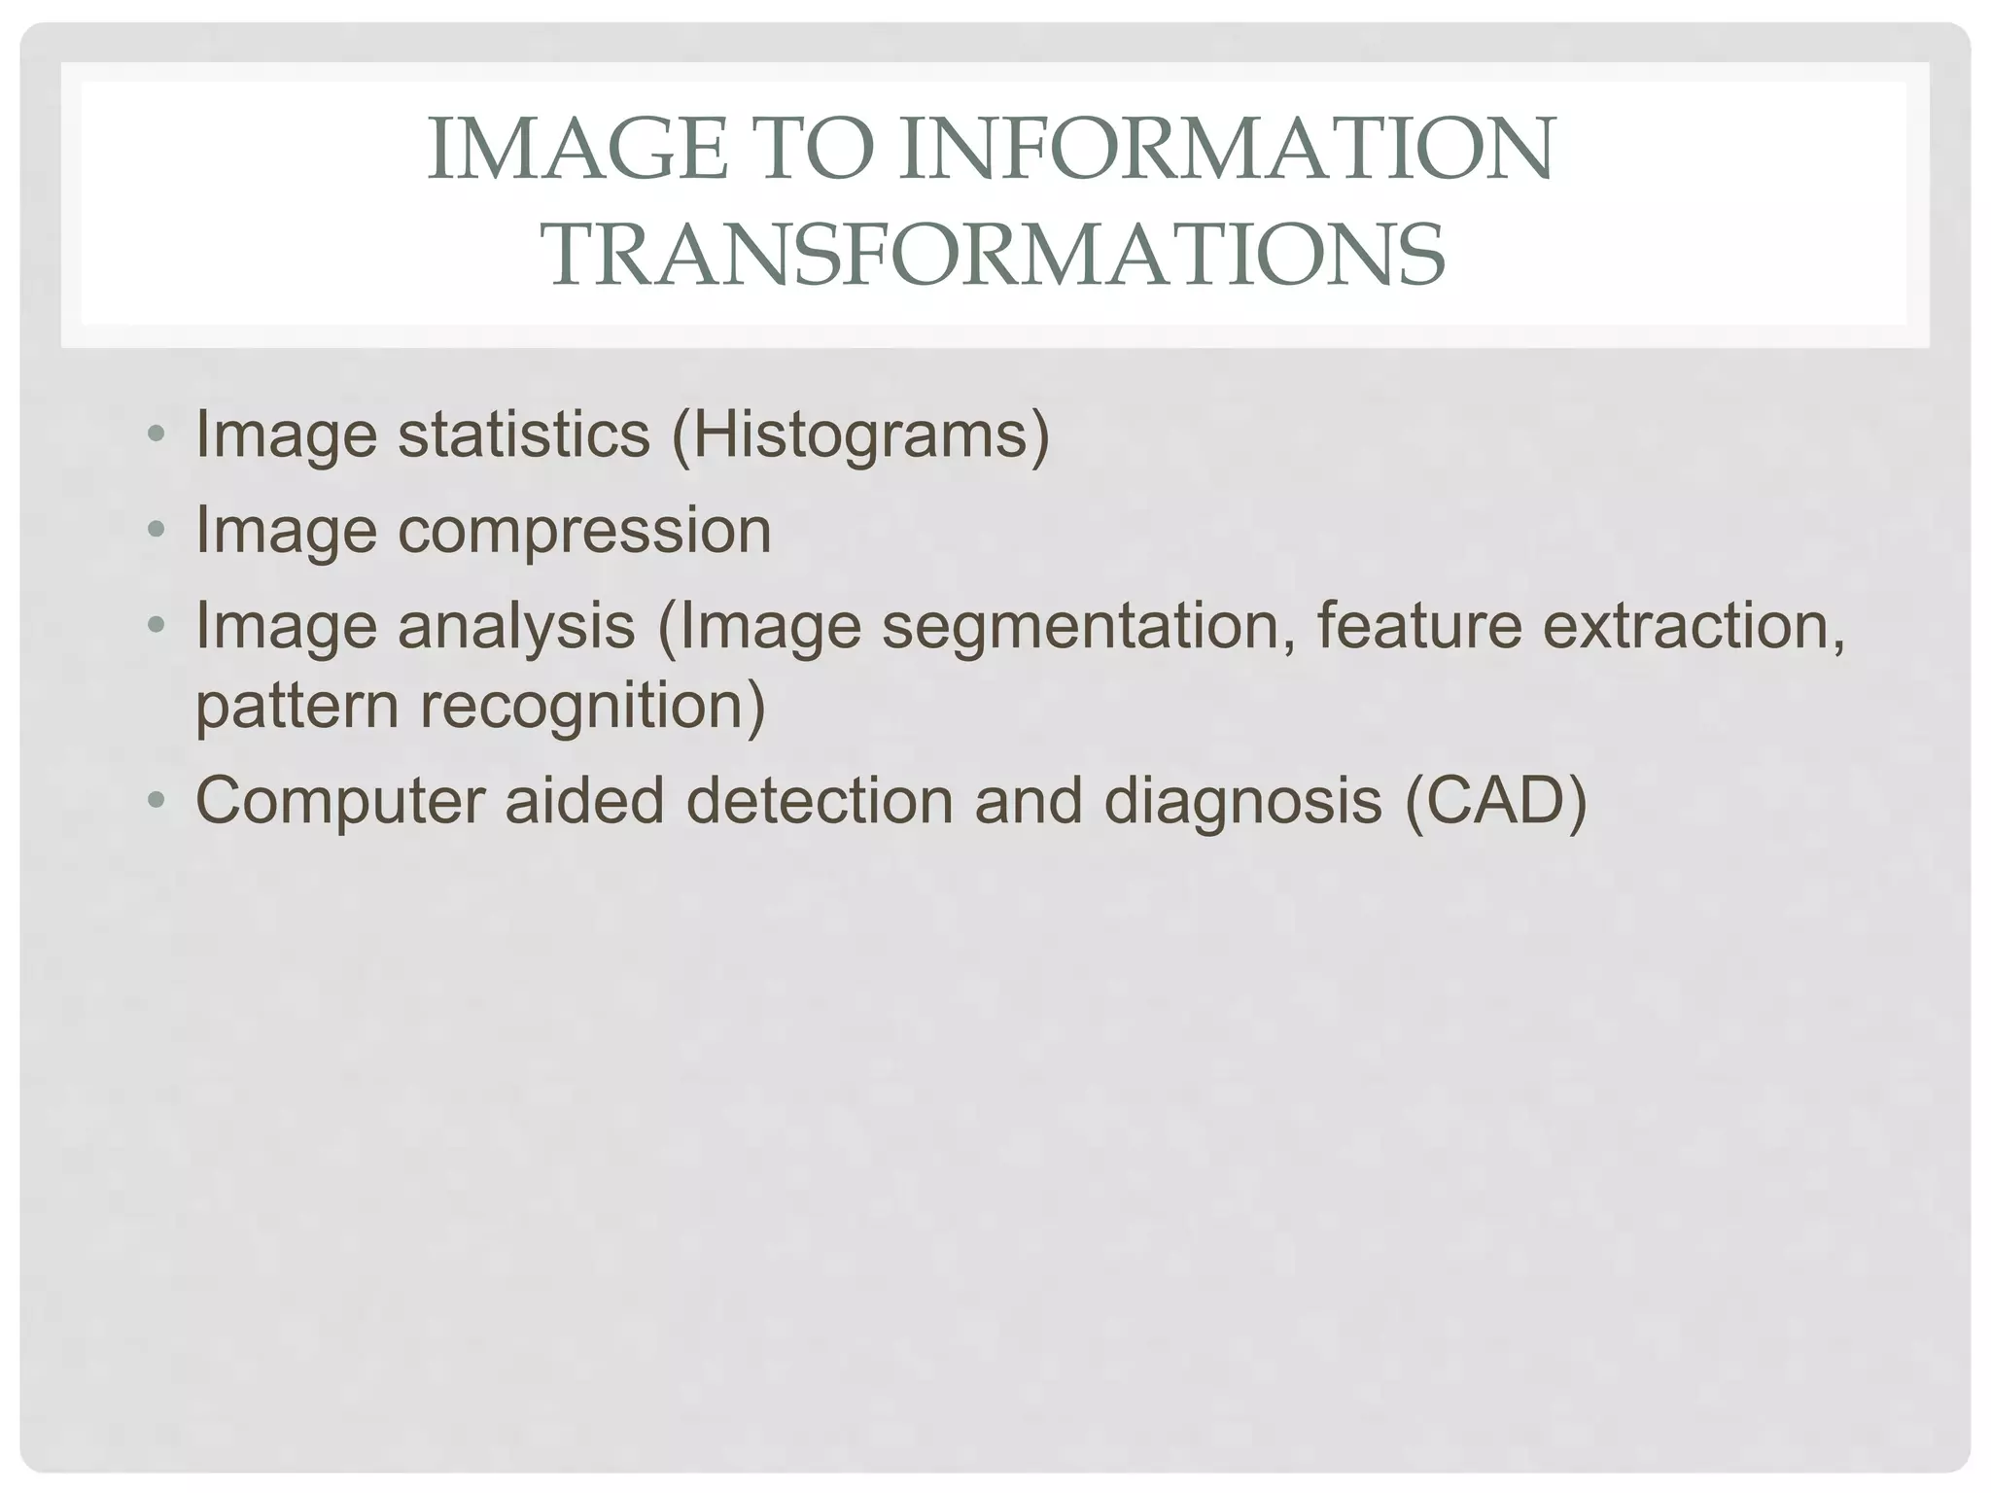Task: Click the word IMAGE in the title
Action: click(x=577, y=150)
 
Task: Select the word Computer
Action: click(x=339, y=801)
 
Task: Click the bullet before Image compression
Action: click(x=156, y=531)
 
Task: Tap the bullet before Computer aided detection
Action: click(x=156, y=801)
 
